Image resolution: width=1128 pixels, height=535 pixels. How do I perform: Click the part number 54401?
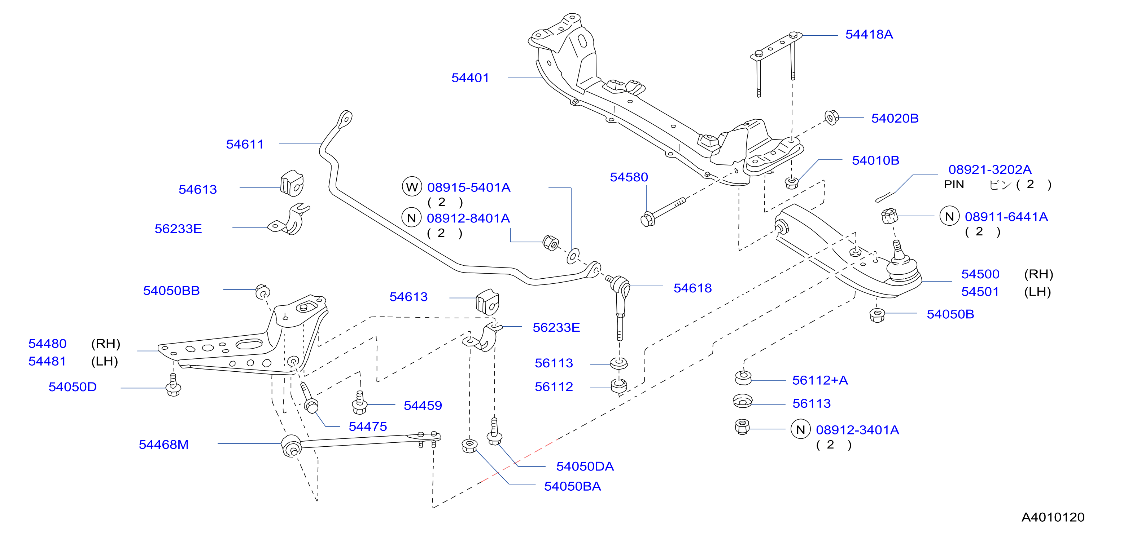pos(470,78)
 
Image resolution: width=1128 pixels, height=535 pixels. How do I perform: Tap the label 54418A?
pos(869,34)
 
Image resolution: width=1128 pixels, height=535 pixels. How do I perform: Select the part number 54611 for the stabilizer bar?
pos(245,144)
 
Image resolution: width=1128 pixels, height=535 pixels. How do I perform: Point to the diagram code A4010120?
pos(1053,517)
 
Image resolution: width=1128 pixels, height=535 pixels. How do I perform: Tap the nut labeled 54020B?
pos(831,117)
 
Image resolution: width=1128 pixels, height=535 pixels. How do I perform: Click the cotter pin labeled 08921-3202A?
pos(886,196)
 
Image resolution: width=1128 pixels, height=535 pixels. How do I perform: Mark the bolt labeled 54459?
pos(359,402)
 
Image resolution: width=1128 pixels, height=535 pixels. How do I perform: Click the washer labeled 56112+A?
pos(743,377)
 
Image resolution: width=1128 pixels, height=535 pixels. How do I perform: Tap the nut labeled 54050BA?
pos(469,446)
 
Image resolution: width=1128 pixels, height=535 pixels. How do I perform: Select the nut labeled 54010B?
pos(791,182)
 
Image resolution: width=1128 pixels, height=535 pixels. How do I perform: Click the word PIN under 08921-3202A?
pos(954,185)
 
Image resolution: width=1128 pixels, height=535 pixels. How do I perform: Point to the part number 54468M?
pos(163,445)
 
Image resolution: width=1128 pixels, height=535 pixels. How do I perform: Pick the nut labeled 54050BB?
pos(263,292)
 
